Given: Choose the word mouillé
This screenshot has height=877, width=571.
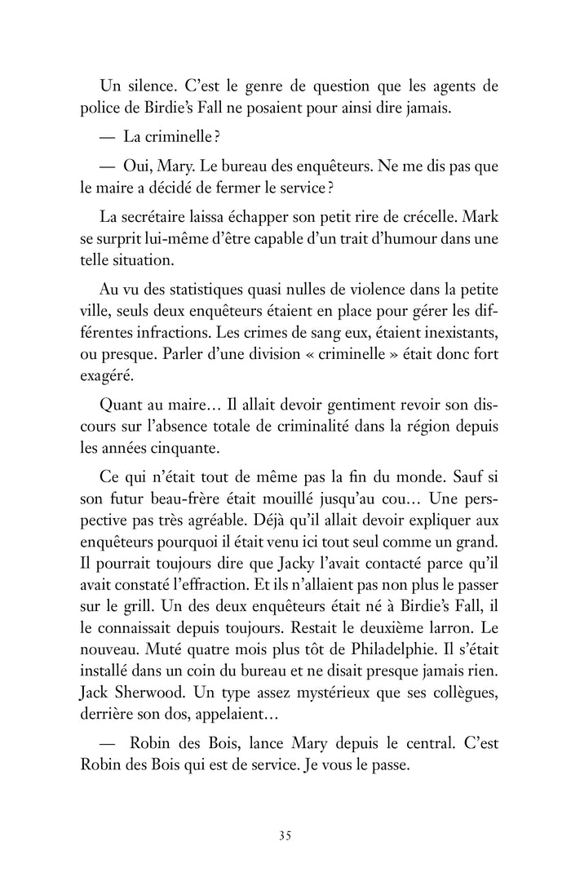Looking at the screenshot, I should [334, 497].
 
